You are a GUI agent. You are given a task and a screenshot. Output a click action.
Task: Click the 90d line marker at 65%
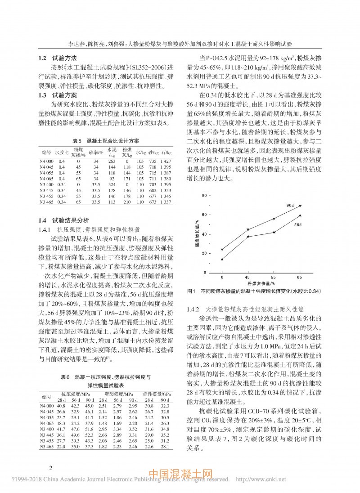pyautogui.click(x=300, y=206)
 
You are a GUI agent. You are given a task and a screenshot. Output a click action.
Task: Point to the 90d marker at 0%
pyautogui.click(x=222, y=249)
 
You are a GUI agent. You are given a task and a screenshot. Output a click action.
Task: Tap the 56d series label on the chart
pyautogui.click(x=298, y=224)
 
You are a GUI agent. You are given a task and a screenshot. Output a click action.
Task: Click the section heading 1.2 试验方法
pyautogui.click(x=57, y=58)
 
